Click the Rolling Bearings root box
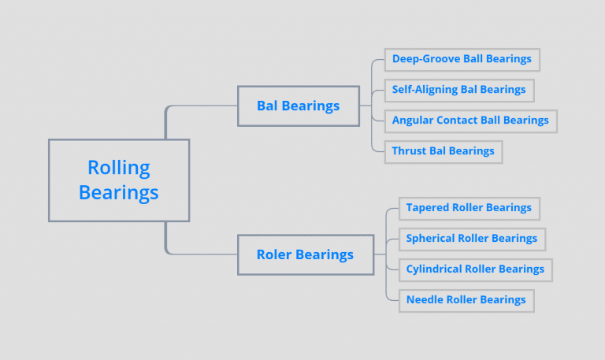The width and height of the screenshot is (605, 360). click(x=119, y=180)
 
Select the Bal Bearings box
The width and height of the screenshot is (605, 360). click(x=298, y=106)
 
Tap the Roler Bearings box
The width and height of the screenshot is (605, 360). click(x=305, y=254)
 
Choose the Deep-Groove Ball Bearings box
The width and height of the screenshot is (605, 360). click(x=462, y=59)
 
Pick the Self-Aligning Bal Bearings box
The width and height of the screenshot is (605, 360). click(x=458, y=90)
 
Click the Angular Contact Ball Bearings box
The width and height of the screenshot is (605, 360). click(x=470, y=121)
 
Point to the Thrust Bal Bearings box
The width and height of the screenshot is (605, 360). click(x=443, y=151)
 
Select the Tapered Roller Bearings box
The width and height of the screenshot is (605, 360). click(x=469, y=208)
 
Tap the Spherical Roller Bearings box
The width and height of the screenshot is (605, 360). click(x=471, y=239)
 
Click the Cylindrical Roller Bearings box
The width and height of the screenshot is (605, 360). click(x=475, y=269)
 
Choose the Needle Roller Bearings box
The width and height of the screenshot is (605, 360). click(x=466, y=300)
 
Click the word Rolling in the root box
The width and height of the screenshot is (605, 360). click(x=119, y=168)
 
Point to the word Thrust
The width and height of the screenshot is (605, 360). click(x=409, y=151)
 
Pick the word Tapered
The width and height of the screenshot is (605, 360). click(x=428, y=208)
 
